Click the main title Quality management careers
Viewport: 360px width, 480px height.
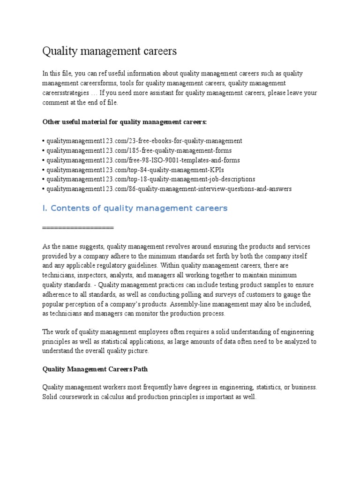pyautogui.click(x=110, y=51)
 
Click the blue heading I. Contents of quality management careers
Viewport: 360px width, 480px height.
pyautogui.click(x=135, y=208)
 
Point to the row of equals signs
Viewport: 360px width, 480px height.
pyautogui.click(x=78, y=227)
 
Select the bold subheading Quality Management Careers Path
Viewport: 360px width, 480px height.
pyautogui.click(x=95, y=369)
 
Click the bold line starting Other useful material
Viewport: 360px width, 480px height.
pyautogui.click(x=124, y=121)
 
